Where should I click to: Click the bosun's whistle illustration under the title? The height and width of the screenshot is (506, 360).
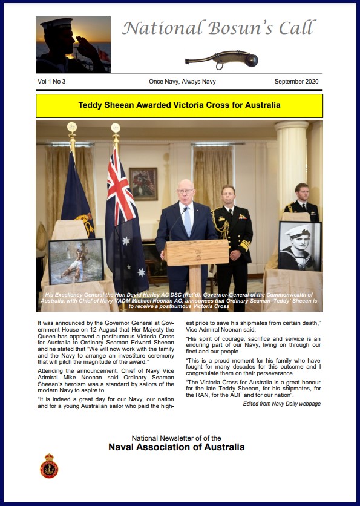pos(221,59)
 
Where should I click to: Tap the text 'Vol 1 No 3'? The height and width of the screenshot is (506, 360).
pos(52,81)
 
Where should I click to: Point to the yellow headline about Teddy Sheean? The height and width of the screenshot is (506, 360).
pos(179,105)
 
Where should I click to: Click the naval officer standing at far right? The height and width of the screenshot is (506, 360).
pos(301,203)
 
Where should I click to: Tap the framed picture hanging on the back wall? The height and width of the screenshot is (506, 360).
pos(143,183)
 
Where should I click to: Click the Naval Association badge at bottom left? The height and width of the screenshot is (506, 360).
pos(49,465)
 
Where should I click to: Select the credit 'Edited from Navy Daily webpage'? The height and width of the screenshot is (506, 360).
pos(281,404)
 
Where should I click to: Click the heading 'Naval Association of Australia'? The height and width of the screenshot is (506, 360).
pos(176,448)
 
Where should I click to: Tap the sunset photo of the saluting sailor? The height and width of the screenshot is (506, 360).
pos(73,44)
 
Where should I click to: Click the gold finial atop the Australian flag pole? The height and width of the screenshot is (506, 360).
pos(116,128)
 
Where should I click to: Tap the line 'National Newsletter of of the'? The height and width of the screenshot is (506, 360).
pos(176,438)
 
